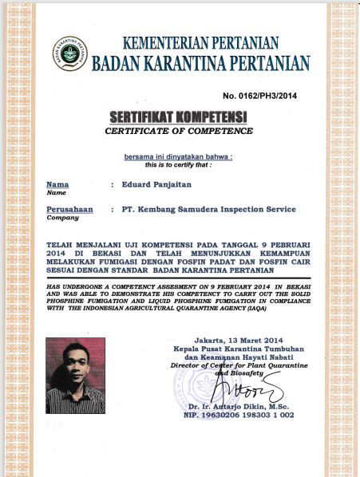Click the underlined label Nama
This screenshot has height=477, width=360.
(57, 184)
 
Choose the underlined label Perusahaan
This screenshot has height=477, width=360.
(69, 209)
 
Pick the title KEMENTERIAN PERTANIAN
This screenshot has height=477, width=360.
(200, 42)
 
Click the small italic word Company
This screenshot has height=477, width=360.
(57, 217)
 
